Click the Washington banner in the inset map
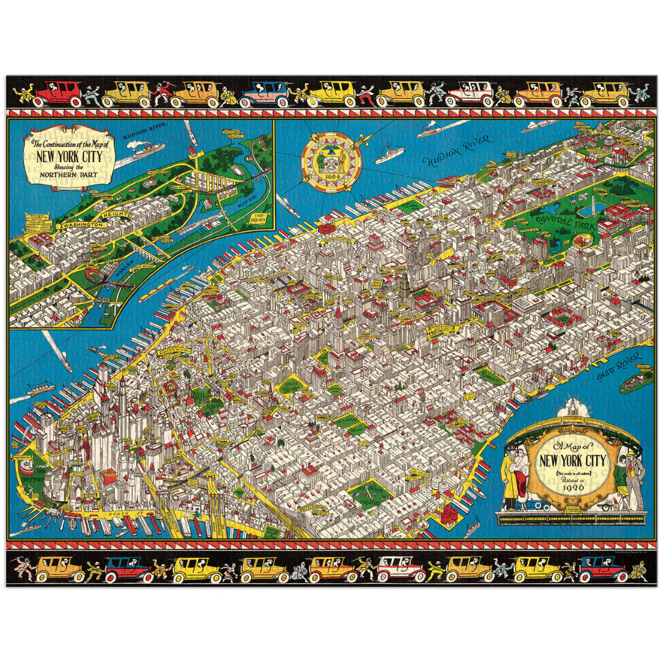tap(80, 225)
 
